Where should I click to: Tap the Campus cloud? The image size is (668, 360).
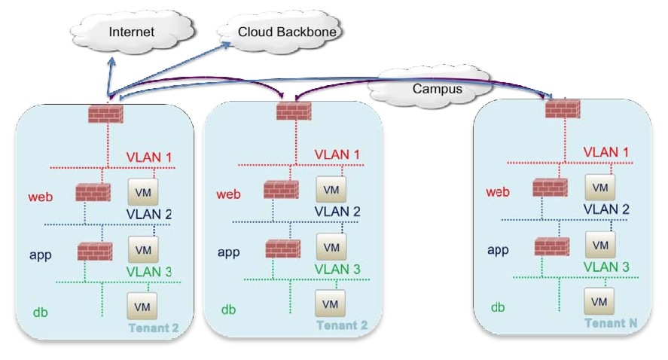click(x=426, y=87)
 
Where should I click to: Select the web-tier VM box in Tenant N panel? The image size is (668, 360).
click(x=600, y=187)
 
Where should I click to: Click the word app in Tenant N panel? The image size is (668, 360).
click(x=498, y=249)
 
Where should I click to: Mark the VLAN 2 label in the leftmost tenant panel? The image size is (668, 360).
click(x=149, y=214)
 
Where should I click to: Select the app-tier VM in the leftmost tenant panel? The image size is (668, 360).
click(x=142, y=249)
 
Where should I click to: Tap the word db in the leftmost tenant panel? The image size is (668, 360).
click(x=40, y=310)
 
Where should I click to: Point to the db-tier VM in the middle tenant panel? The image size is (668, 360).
click(x=330, y=304)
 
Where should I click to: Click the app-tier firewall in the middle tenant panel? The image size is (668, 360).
click(x=282, y=249)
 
